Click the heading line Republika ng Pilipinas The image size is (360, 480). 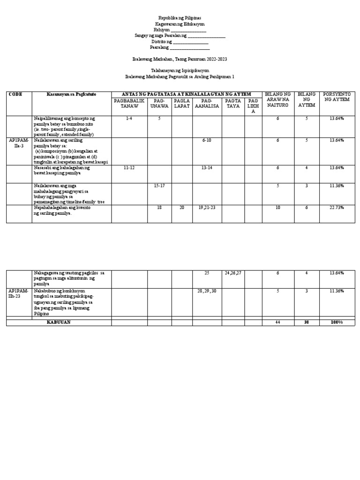(180, 17)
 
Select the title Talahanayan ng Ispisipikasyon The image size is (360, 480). (180, 69)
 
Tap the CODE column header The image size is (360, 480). (15, 94)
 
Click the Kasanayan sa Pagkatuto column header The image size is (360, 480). (71, 94)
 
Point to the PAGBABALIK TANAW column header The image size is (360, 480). (129, 103)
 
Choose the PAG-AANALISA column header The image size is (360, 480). (207, 103)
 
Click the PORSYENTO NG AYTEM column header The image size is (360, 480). (337, 97)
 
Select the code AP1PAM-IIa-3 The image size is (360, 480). (19, 143)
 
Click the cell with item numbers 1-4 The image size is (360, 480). (129, 119)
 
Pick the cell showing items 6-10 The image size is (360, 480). (207, 140)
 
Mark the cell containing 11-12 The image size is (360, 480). (129, 167)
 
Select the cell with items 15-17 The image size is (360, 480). (159, 186)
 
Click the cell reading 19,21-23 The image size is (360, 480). (207, 207)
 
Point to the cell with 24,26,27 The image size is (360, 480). (233, 272)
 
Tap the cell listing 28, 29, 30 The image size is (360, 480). (207, 291)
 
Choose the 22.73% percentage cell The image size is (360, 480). (337, 207)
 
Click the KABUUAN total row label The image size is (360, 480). (59, 322)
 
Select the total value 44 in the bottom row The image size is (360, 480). (278, 322)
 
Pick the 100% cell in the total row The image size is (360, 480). (337, 322)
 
